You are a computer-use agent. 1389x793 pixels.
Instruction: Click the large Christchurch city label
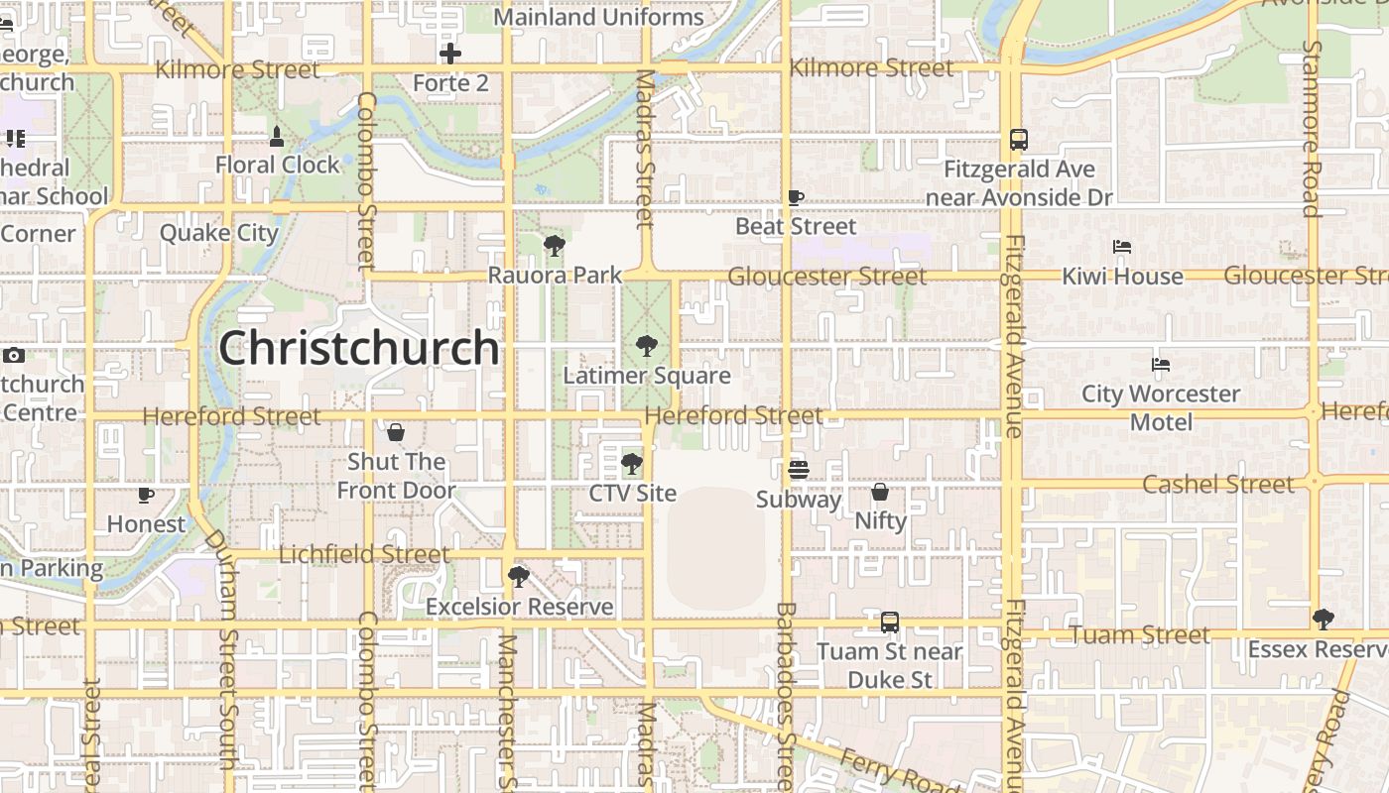[359, 348]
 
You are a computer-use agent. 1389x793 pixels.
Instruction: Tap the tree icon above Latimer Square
[647, 346]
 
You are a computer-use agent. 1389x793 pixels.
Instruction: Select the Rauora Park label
[555, 276]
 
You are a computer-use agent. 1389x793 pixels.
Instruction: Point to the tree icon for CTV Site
[631, 464]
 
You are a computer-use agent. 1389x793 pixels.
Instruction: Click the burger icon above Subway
[799, 470]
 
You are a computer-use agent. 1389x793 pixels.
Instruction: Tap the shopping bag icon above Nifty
[880, 492]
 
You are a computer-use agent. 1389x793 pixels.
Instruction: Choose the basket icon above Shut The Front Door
[396, 432]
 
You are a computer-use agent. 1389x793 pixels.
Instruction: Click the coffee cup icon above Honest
[146, 495]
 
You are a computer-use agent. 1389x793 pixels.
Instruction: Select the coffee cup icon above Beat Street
[796, 197]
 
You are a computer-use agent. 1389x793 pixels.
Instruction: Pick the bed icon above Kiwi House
[1122, 247]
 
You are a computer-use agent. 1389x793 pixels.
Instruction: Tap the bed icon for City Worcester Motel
[1161, 365]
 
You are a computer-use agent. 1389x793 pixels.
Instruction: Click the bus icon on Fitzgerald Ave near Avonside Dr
[1019, 140]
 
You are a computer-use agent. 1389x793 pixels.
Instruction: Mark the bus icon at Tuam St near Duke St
[890, 623]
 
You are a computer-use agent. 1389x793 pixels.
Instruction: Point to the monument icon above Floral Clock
[277, 136]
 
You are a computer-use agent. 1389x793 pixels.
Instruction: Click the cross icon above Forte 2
[450, 54]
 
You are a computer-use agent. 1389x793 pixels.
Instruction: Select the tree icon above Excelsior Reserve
[518, 577]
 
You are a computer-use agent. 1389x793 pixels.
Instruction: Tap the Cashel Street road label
[1218, 485]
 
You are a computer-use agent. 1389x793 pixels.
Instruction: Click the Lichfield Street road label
[364, 555]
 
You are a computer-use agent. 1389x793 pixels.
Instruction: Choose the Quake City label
[219, 234]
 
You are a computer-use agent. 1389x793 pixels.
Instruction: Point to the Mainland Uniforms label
[598, 18]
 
